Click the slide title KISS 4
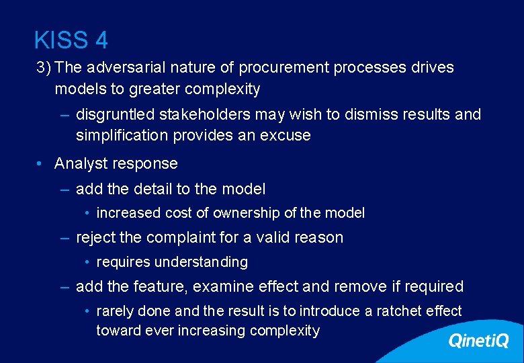pyautogui.click(x=71, y=40)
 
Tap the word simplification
pyautogui.click(x=122, y=135)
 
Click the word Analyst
pyautogui.click(x=80, y=163)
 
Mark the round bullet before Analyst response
pyautogui.click(x=41, y=164)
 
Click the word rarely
pyautogui.click(x=115, y=311)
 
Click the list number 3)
pyautogui.click(x=45, y=68)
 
